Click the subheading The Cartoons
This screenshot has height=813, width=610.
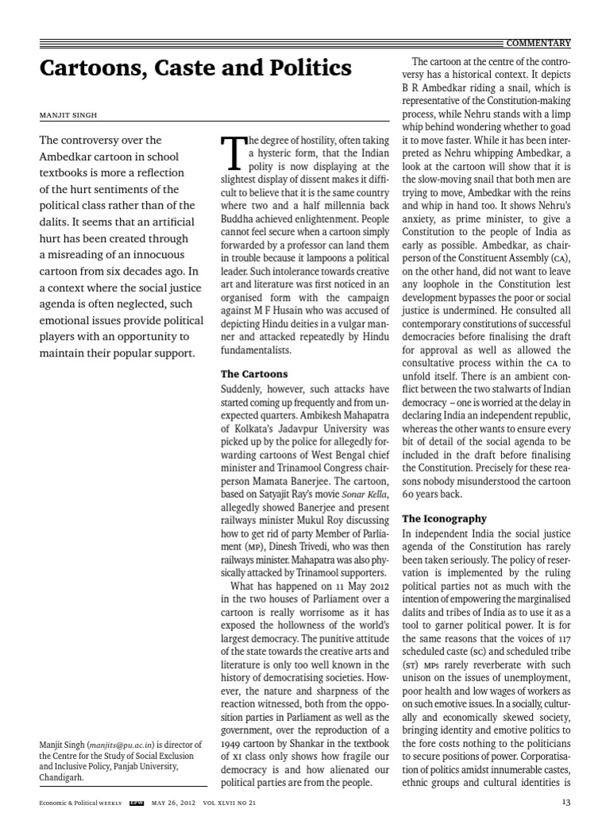click(253, 373)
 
